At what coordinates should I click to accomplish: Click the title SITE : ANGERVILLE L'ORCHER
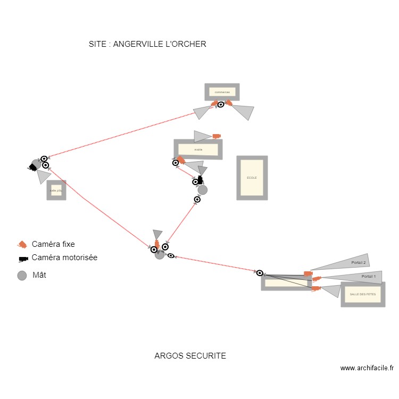click(147, 44)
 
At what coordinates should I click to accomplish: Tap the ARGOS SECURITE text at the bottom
click(190, 356)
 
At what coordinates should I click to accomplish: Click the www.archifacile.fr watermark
click(367, 368)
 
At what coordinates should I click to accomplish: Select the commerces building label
click(222, 92)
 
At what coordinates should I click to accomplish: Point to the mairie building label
click(198, 149)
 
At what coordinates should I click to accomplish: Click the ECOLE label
click(252, 178)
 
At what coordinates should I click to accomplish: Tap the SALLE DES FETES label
click(362, 294)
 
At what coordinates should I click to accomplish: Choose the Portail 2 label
click(359, 263)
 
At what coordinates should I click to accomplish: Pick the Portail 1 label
click(368, 277)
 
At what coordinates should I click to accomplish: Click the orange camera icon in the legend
click(22, 244)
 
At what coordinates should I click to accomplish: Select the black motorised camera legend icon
click(23, 259)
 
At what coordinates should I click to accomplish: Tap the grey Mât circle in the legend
click(22, 276)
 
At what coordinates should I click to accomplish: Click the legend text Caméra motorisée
click(64, 257)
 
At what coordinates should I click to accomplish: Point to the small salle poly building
click(56, 190)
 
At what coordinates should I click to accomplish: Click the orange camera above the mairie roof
click(217, 136)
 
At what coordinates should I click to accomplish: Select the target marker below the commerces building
click(221, 104)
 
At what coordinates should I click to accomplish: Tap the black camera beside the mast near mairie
click(200, 180)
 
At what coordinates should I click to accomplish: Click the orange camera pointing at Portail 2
click(308, 273)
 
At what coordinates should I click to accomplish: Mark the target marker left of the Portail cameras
click(260, 273)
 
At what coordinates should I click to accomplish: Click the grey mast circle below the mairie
click(202, 190)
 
